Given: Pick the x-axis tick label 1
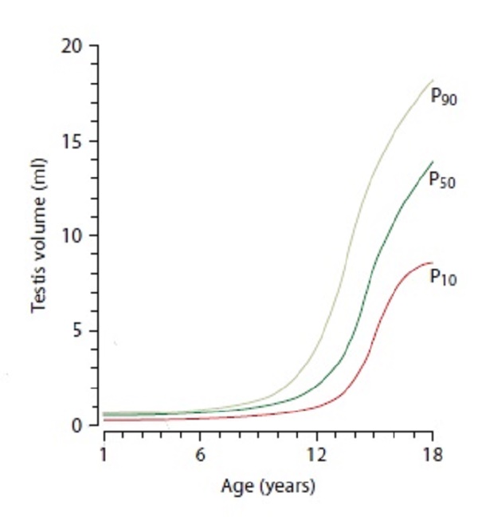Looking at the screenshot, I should (104, 456).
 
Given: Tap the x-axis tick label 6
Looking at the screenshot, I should (201, 456).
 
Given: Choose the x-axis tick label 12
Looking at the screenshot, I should (316, 456).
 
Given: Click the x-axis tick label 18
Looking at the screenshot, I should (433, 456).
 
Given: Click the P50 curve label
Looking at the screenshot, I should (442, 180).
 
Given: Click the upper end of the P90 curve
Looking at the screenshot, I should (433, 80).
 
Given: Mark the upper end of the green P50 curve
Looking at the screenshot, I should (433, 162).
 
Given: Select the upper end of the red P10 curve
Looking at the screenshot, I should (432, 262).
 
